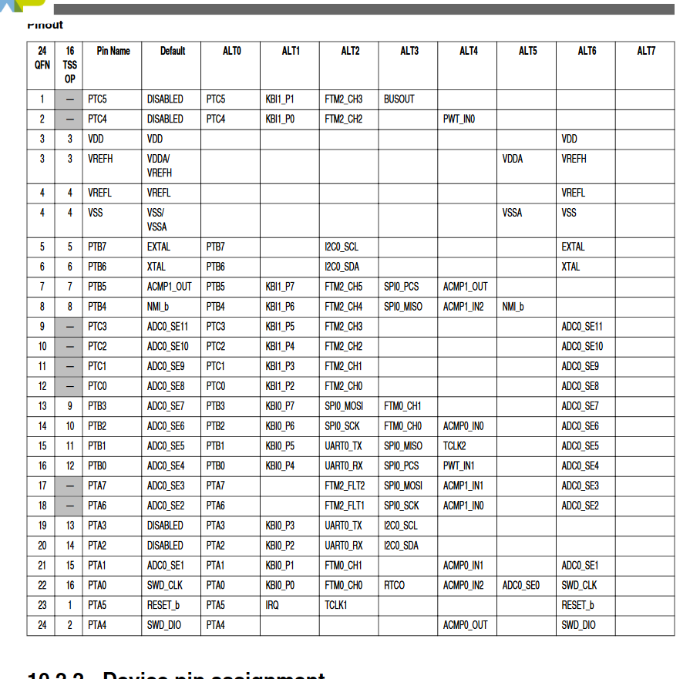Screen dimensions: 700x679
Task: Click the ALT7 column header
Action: (646, 51)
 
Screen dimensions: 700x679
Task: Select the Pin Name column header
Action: (113, 51)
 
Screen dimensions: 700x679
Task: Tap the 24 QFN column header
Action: (42, 58)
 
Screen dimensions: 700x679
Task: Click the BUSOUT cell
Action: (399, 99)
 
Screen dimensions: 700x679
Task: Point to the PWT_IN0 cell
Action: (459, 119)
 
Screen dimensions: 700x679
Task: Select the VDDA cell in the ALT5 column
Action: (512, 159)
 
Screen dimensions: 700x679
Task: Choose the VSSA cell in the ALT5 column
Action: (512, 213)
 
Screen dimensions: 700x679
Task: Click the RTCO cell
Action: (394, 586)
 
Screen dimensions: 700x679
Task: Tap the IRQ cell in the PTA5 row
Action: (272, 606)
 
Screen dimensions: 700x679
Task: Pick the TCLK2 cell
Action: (454, 446)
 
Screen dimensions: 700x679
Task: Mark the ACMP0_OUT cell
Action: (465, 625)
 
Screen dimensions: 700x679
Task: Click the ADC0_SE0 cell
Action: (520, 586)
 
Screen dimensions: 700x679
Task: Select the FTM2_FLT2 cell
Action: (345, 486)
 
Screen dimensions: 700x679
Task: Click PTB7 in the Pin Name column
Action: (99, 247)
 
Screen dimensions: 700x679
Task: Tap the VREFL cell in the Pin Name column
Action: (100, 193)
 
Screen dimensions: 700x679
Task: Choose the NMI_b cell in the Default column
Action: (158, 307)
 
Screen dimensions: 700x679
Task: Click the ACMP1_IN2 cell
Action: (463, 307)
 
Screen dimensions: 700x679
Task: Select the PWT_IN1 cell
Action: (459, 466)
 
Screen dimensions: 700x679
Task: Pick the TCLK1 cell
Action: (335, 606)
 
